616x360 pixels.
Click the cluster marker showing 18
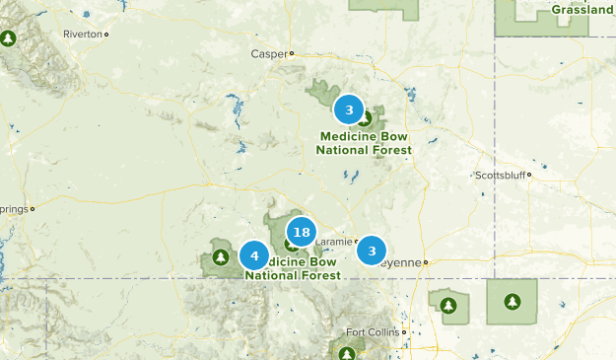[x=302, y=233]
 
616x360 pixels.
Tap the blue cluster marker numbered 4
[x=254, y=256]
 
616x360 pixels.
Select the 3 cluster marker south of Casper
[x=349, y=109]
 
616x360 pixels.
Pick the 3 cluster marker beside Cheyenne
[x=372, y=251]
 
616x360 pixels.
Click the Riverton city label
[x=82, y=34]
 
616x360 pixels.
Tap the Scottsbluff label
[x=500, y=176]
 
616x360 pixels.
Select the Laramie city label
[x=334, y=241]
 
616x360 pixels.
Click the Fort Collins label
[x=373, y=331]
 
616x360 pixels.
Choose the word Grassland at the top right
[x=582, y=10]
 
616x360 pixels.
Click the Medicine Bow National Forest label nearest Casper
[x=364, y=143]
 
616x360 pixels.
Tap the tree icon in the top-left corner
[x=9, y=38]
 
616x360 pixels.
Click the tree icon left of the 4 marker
[x=220, y=257]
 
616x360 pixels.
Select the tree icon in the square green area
[x=512, y=301]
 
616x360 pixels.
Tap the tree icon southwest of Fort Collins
[x=346, y=352]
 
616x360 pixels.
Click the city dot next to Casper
[x=292, y=53]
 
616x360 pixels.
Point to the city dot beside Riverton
[x=106, y=34]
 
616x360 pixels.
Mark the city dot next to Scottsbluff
[x=529, y=176]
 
